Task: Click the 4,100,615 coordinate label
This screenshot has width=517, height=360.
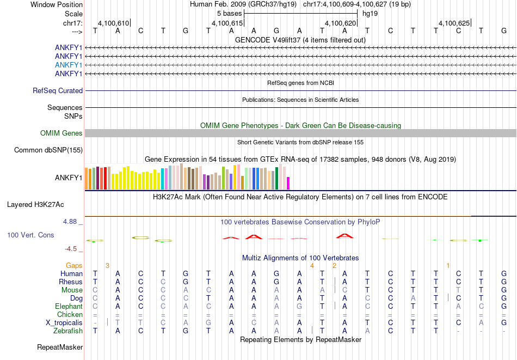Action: coord(227,23)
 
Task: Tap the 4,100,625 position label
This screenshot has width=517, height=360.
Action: coord(454,23)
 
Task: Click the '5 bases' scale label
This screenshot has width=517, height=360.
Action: coord(229,13)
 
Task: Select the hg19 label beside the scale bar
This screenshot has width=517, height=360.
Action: coord(370,13)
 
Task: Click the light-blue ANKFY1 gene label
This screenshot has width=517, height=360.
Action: coord(69,65)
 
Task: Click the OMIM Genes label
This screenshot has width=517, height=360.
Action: coord(61,133)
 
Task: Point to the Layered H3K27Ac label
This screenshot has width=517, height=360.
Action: coord(35,205)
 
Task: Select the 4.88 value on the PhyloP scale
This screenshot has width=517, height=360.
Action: coord(71,222)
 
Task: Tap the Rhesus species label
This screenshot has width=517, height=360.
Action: coord(71,282)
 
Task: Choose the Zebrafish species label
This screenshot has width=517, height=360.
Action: coord(68,331)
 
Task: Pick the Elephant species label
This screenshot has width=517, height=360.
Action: coord(69,307)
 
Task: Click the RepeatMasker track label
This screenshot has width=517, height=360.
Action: coord(60,347)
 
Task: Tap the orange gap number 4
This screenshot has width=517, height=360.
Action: coord(312,265)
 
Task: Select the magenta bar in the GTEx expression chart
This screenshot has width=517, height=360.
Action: coord(288,183)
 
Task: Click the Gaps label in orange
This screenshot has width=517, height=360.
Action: coord(74,265)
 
